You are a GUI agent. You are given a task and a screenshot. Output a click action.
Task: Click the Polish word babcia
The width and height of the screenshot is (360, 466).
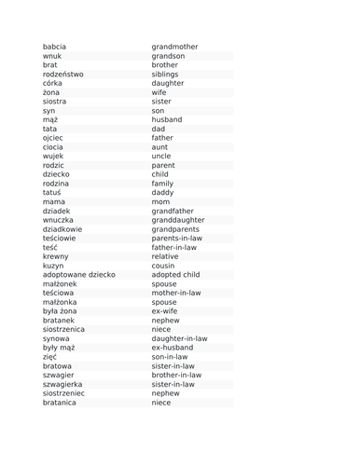54,47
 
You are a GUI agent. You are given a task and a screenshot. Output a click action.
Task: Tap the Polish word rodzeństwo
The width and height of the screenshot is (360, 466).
62,75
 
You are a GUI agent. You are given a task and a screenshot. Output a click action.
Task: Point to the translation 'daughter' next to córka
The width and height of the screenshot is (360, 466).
168,83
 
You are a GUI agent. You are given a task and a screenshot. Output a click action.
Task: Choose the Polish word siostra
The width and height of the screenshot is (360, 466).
54,102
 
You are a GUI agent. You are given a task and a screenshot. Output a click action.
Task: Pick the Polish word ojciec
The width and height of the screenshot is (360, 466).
53,138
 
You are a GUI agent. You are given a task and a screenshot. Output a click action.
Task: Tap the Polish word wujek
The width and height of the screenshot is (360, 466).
53,156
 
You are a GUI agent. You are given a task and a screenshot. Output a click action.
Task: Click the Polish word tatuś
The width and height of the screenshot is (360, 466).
53,193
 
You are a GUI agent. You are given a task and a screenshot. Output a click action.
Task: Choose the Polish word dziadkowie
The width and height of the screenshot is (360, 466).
62,229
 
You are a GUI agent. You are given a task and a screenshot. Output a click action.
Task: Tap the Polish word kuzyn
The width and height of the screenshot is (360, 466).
53,266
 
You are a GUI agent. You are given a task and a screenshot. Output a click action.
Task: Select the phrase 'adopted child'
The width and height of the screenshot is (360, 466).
175,275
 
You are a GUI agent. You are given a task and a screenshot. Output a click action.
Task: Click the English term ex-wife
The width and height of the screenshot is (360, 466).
165,311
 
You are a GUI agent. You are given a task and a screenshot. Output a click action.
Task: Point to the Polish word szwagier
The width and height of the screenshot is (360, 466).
59,375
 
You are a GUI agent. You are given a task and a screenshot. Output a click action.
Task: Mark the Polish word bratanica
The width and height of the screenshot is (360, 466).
60,403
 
